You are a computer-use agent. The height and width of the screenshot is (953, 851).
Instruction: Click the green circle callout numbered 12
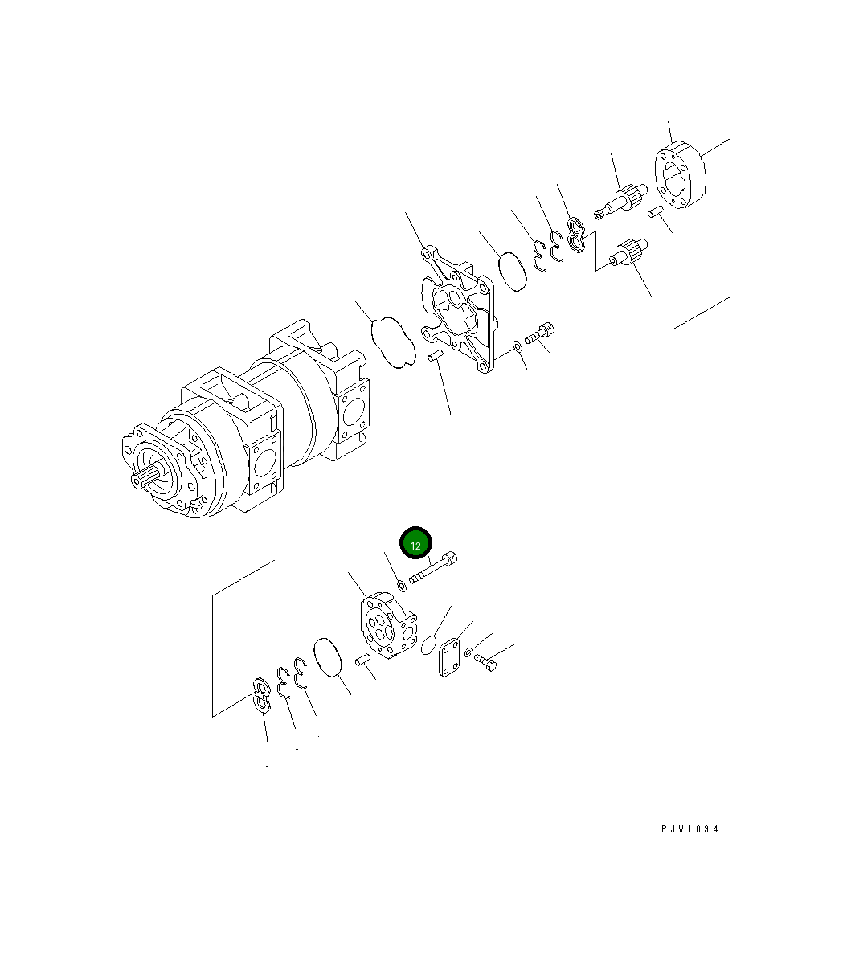coord(416,544)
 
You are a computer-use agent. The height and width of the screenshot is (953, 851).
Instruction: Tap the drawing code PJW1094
coord(689,829)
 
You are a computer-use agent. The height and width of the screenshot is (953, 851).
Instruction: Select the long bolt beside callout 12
coord(434,569)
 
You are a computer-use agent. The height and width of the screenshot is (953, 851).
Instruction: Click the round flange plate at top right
coord(681,177)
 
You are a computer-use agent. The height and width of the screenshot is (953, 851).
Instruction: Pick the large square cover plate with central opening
coord(456,310)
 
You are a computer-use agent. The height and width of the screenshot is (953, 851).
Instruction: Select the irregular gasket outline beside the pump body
coord(393,342)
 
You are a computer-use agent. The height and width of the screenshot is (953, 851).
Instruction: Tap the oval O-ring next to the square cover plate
coord(512,271)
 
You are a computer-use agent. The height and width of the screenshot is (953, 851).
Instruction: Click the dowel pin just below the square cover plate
coord(436,356)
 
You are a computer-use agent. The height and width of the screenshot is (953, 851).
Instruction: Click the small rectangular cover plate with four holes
coord(449,657)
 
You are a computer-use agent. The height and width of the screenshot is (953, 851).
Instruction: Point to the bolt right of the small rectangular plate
coord(485,662)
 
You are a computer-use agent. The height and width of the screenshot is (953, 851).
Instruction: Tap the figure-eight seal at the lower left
coord(261,695)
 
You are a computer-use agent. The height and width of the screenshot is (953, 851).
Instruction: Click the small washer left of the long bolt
coord(402,584)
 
